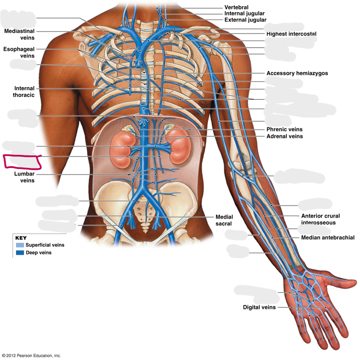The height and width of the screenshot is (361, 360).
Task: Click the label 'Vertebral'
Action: click(x=236, y=7)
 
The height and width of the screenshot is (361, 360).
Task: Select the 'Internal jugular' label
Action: click(x=244, y=14)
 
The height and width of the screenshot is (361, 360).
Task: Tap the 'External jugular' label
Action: click(x=245, y=20)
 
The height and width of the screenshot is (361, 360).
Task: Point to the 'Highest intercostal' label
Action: click(x=291, y=34)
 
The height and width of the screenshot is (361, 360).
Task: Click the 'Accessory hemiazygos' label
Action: click(x=297, y=73)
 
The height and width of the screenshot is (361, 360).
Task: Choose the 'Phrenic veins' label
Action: click(x=284, y=129)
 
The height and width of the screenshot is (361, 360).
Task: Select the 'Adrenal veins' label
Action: click(x=284, y=136)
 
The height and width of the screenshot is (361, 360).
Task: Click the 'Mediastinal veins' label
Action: click(x=20, y=34)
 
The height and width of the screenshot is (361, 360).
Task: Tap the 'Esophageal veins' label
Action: click(x=19, y=52)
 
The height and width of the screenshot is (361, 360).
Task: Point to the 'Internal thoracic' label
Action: click(x=24, y=92)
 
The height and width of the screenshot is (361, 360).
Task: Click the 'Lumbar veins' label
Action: click(x=25, y=177)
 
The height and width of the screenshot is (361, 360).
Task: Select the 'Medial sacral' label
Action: click(x=224, y=220)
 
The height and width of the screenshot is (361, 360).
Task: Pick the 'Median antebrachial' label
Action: click(x=328, y=237)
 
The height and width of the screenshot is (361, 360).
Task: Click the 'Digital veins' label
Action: click(x=259, y=307)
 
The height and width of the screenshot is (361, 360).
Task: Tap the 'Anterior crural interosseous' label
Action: click(x=320, y=219)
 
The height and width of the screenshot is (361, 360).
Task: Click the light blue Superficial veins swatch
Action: click(x=20, y=245)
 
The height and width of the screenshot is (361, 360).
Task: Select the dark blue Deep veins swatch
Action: click(x=20, y=253)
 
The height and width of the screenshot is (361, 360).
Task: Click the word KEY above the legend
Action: click(x=21, y=238)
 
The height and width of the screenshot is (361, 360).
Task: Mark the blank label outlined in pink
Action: click(x=23, y=161)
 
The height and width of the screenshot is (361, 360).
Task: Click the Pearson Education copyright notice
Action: click(x=31, y=355)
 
